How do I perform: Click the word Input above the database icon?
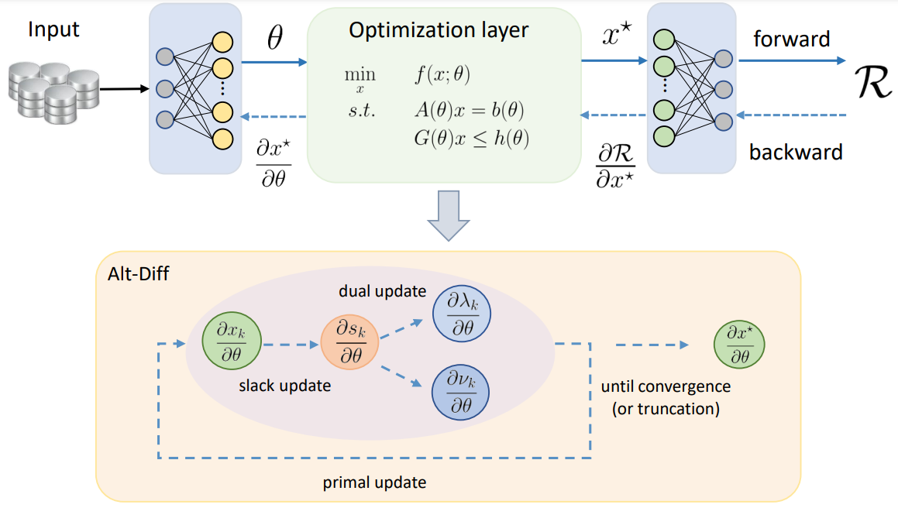(54, 30)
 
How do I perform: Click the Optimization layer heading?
(439, 31)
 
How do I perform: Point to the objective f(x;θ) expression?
(442, 76)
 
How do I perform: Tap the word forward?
(791, 39)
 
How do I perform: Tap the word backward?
(796, 152)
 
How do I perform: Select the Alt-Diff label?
(134, 275)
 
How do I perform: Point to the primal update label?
(374, 482)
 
